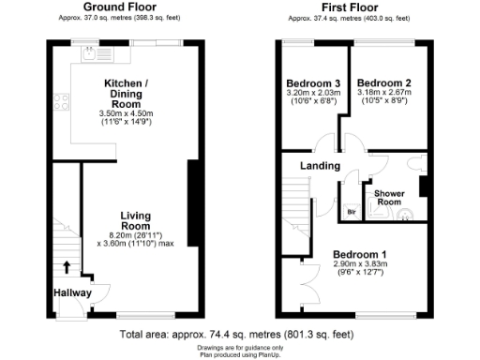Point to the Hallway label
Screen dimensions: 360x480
(x=72, y=292)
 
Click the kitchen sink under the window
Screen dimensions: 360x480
(x=92, y=52)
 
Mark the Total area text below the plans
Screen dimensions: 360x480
(x=237, y=333)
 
